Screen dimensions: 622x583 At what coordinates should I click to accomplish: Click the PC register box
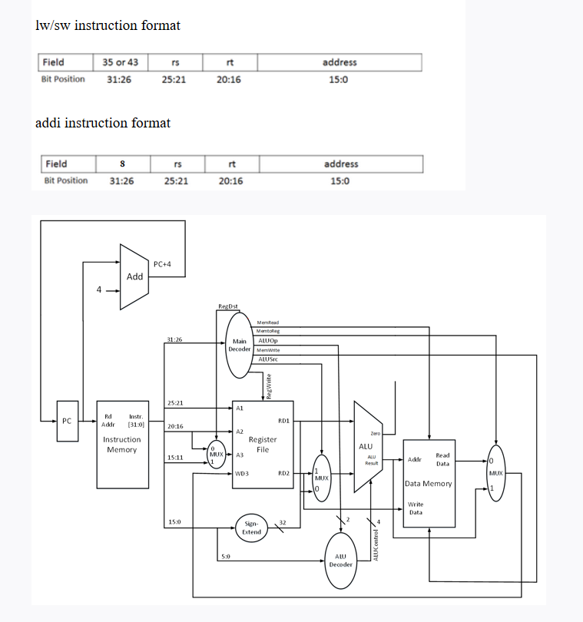67,421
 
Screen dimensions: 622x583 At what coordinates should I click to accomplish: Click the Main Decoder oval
239,345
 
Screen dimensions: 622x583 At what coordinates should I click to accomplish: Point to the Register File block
263,444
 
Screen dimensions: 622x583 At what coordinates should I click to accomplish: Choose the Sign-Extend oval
251,527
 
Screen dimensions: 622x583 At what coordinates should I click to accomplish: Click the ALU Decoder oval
340,560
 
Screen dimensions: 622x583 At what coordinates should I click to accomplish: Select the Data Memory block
429,483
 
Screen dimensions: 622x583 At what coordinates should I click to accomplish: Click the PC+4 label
162,263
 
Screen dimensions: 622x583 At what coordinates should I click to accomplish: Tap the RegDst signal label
228,307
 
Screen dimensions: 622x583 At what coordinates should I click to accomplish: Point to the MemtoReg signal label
267,331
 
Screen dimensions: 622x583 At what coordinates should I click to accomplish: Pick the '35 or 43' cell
121,62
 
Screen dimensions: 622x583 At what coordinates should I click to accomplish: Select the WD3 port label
242,474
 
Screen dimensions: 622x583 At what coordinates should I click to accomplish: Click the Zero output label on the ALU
376,434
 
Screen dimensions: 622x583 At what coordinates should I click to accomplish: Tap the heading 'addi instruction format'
103,123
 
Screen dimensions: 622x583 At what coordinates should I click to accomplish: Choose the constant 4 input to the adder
99,290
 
